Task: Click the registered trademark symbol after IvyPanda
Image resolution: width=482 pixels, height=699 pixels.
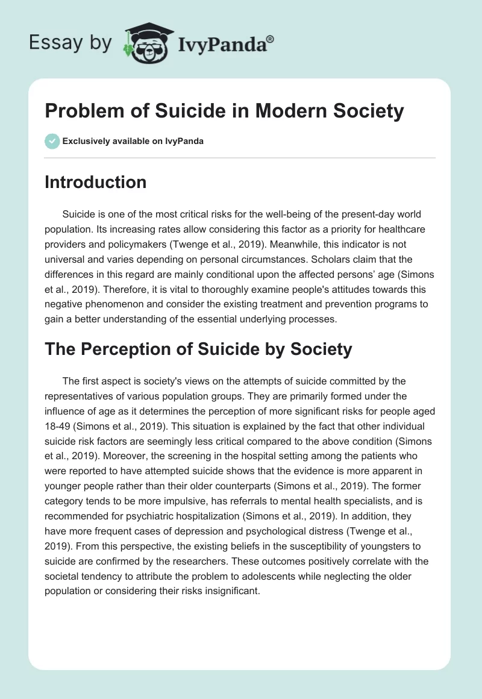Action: coord(270,39)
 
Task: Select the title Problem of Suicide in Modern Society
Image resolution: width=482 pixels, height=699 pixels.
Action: coord(224,111)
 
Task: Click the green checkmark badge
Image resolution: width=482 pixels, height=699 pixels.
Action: coord(51,142)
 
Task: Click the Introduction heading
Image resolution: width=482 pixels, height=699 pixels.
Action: coord(95,182)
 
